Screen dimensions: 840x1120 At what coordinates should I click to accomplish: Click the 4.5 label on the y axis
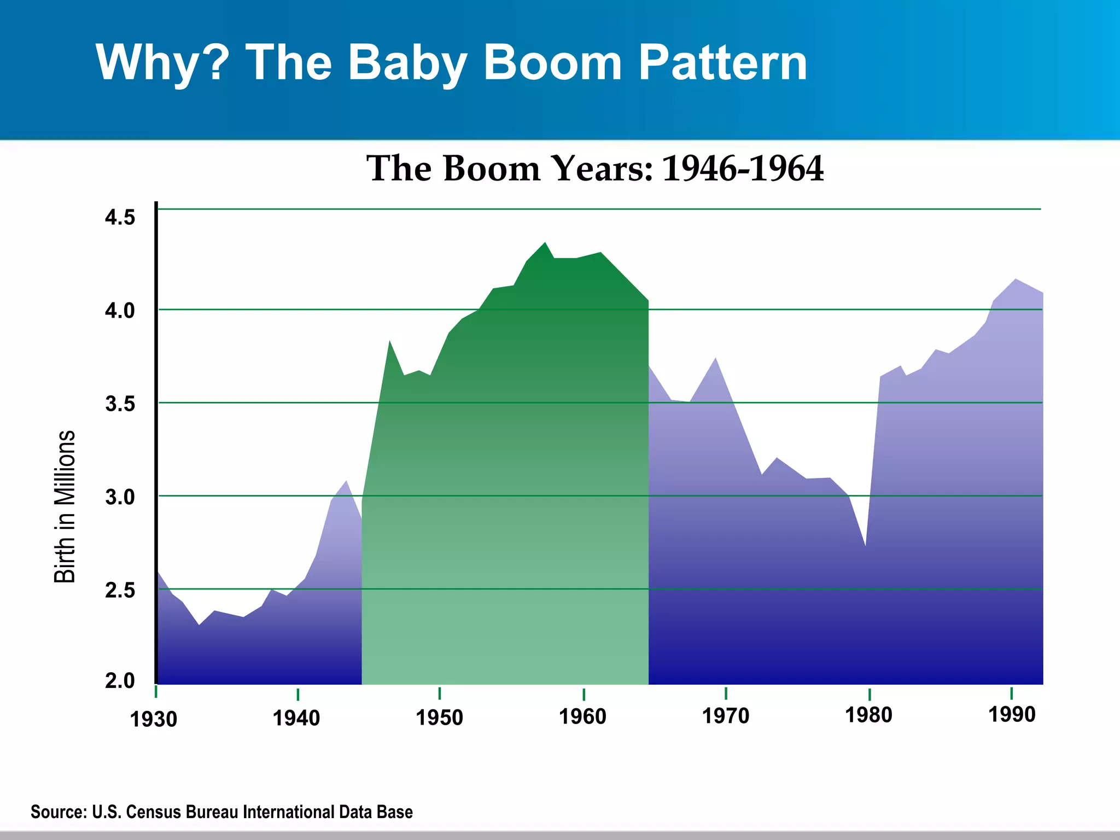(x=120, y=218)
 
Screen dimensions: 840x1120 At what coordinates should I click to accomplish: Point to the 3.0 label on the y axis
(x=120, y=498)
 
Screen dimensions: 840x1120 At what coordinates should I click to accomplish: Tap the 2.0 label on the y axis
(x=120, y=681)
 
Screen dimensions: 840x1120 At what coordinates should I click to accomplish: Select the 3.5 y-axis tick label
(x=120, y=404)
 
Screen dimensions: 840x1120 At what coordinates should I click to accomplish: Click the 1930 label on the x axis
(x=154, y=720)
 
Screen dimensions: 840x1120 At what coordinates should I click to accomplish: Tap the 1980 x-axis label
(x=868, y=715)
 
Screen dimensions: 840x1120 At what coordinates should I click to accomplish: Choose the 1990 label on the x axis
(x=1012, y=715)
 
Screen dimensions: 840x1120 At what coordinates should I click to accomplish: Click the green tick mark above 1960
(x=584, y=695)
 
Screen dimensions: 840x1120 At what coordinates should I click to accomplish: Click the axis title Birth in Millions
(x=65, y=506)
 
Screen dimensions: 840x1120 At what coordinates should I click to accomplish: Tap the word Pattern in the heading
(x=722, y=62)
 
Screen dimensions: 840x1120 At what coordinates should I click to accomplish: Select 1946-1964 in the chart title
(x=742, y=168)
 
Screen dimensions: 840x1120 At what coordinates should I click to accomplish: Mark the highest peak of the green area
(x=545, y=243)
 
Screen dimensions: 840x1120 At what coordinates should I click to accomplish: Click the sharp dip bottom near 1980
(x=865, y=545)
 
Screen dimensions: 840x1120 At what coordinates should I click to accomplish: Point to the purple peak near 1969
(x=715, y=359)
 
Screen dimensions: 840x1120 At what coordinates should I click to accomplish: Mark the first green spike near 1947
(x=389, y=342)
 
